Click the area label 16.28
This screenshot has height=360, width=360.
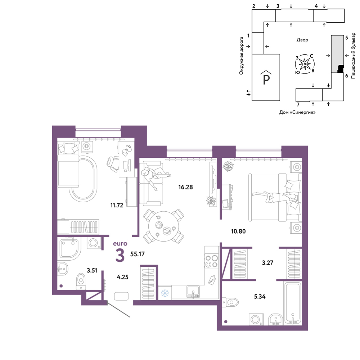(185, 187)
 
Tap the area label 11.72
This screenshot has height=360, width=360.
(117, 205)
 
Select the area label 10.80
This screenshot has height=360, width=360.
(238, 231)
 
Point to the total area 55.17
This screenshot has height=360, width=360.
(137, 254)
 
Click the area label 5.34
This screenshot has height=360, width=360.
(260, 297)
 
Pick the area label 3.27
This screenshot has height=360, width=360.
(267, 263)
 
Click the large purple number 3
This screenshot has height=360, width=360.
(120, 255)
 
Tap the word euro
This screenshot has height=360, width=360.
(120, 244)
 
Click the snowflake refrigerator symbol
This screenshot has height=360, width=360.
(165, 293)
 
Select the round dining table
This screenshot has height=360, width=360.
(163, 226)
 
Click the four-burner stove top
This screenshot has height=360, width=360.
(211, 261)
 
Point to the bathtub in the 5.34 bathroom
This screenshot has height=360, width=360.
(292, 303)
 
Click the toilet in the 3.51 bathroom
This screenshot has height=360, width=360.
(81, 281)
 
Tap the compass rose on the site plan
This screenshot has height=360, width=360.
(305, 64)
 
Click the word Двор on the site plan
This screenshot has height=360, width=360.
(302, 40)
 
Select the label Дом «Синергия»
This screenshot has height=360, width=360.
(297, 112)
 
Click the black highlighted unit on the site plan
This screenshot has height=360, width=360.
(341, 69)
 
